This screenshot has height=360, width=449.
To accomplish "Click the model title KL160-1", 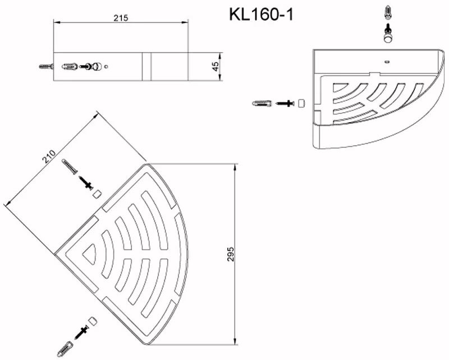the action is tap(261, 15).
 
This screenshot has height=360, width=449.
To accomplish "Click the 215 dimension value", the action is tap(121, 18).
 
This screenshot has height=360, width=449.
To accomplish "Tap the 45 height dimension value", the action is tap(215, 66).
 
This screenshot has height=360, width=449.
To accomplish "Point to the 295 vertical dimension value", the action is tap(231, 254).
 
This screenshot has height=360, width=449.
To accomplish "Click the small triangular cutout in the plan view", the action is tap(89, 254).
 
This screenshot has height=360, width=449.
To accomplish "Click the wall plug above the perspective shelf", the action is tap(387, 12).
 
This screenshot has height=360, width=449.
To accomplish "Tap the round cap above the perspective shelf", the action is tap(387, 37).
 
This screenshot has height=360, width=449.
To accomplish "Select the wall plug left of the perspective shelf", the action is tap(262, 103).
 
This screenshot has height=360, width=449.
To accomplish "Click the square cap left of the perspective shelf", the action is tap(301, 103).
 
